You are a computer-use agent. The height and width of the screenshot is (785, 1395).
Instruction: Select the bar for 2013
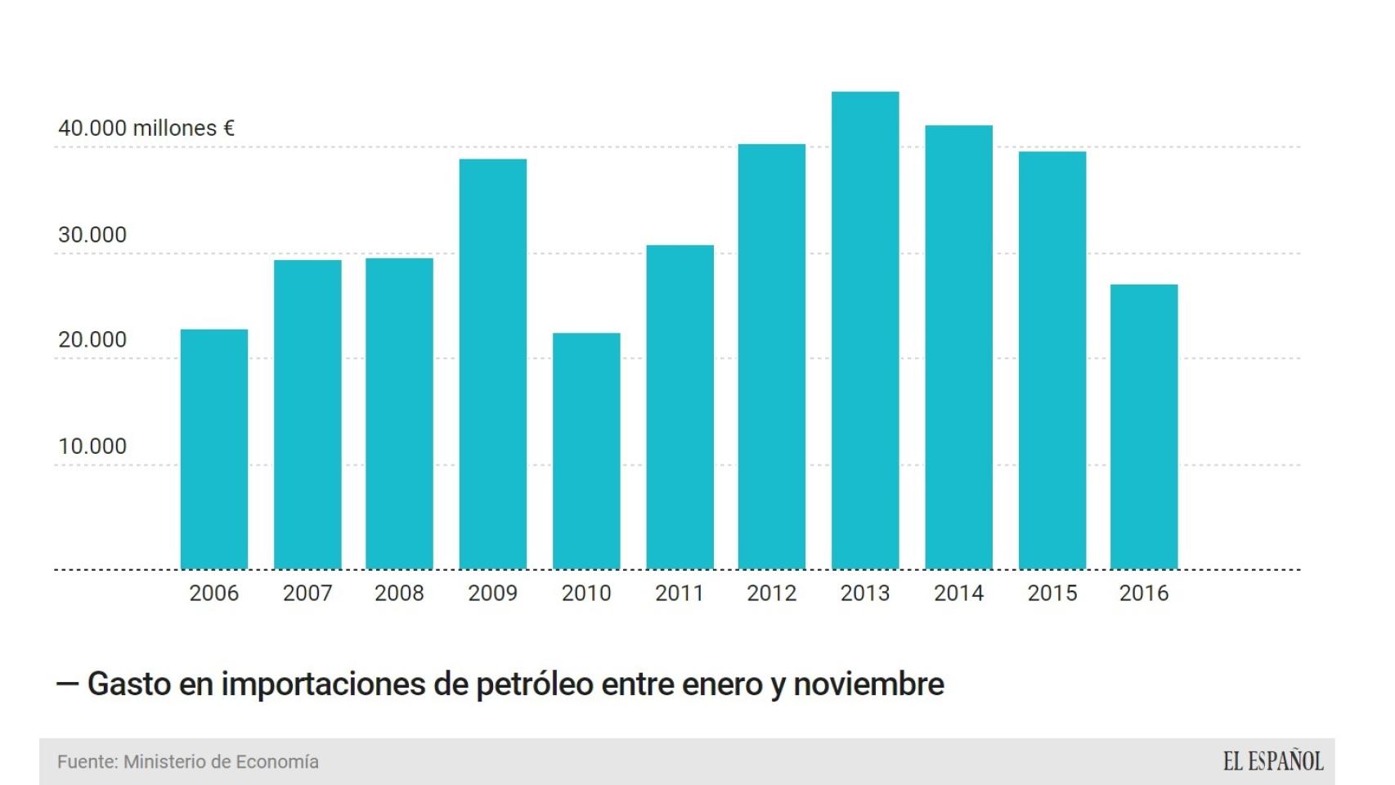click(x=865, y=330)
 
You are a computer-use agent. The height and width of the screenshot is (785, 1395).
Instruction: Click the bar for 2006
click(x=214, y=449)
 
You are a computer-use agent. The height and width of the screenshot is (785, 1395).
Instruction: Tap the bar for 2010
click(x=586, y=451)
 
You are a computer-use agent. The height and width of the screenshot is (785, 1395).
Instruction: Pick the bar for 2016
click(x=1144, y=427)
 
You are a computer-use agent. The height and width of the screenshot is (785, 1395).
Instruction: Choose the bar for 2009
click(x=493, y=364)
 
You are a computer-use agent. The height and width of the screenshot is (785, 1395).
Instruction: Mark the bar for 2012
click(x=772, y=357)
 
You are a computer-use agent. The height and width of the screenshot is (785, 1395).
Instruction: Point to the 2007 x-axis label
click(x=307, y=593)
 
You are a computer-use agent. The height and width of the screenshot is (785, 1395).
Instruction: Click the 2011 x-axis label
click(x=680, y=593)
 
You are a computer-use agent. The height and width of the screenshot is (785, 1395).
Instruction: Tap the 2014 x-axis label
click(x=958, y=593)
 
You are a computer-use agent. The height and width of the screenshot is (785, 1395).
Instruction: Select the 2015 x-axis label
click(x=1052, y=593)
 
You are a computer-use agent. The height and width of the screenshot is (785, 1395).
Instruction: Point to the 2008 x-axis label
click(x=399, y=593)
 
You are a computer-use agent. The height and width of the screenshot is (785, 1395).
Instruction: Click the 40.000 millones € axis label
click(x=146, y=128)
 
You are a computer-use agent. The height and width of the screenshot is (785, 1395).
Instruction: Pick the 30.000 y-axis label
click(x=92, y=235)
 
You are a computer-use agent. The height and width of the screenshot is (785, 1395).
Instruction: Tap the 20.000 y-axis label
click(x=92, y=340)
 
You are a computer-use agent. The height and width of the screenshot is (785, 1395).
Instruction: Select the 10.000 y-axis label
click(x=92, y=446)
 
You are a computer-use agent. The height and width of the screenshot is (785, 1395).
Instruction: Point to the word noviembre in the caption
click(x=868, y=684)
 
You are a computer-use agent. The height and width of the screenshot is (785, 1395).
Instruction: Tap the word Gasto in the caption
click(x=129, y=684)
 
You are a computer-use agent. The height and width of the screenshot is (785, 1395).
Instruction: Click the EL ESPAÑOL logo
click(x=1272, y=762)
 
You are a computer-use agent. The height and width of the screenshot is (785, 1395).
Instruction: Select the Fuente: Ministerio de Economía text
click(x=188, y=762)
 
